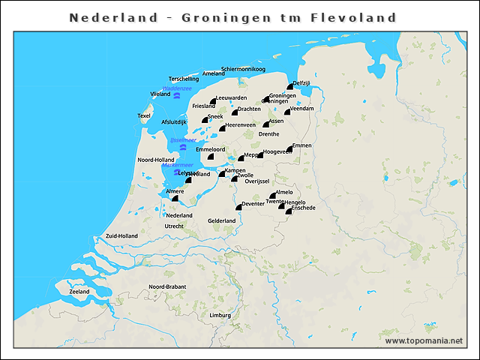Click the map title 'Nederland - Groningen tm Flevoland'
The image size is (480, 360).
(232, 17)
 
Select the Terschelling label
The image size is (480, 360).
(184, 79)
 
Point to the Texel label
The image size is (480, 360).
(144, 115)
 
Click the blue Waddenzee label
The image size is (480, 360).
(177, 88)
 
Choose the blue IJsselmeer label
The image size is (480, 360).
(183, 139)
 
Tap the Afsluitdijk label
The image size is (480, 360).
(173, 121)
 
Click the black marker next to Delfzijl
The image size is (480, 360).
(289, 88)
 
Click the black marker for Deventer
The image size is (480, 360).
(238, 207)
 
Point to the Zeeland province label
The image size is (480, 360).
(79, 292)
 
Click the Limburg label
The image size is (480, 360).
(220, 315)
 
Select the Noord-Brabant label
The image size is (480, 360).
(167, 287)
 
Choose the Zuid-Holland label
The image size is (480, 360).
(121, 235)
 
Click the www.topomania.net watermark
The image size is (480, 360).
(424, 340)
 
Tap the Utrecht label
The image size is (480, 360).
(174, 226)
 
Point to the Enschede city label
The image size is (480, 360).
(303, 208)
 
